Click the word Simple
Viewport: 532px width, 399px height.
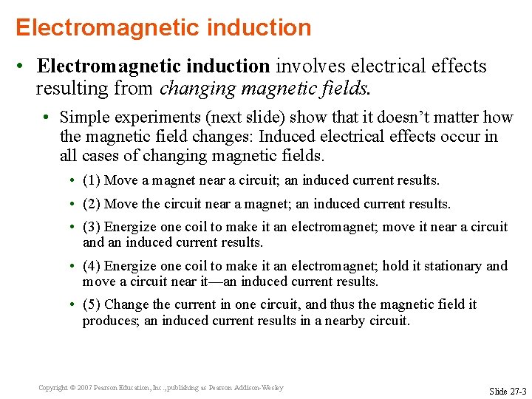pos(83,117)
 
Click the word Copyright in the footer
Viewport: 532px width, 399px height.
pos(52,387)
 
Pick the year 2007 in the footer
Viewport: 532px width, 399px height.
pos(84,387)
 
